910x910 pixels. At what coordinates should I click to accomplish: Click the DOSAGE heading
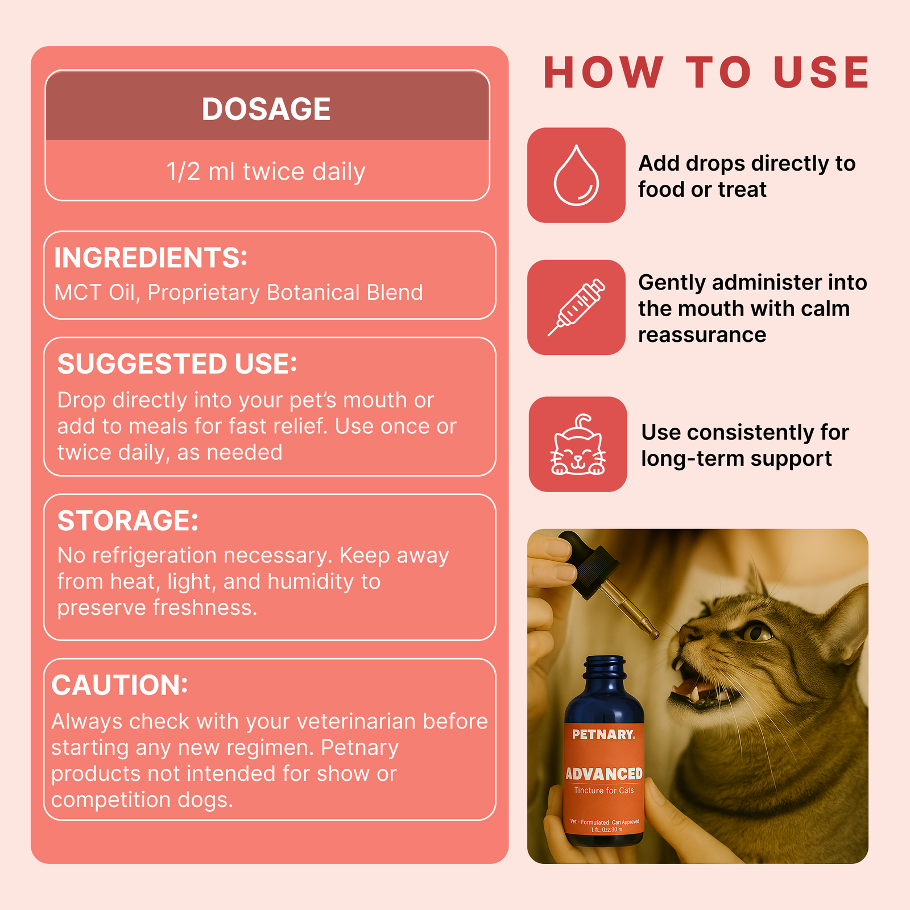point(266,109)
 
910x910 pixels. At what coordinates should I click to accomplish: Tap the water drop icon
point(576,175)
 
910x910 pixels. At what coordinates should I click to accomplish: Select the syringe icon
point(576,308)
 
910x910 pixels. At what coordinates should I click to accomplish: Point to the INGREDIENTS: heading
point(151,258)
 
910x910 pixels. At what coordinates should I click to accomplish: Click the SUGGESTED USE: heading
point(177,364)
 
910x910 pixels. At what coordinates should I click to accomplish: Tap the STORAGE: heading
point(128,520)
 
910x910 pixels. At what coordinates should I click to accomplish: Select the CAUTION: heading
point(119,685)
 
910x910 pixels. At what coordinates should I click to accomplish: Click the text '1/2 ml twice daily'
point(266,172)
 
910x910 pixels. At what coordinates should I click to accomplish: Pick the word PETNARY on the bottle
point(603,734)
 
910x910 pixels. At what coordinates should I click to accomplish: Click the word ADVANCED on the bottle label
point(604,773)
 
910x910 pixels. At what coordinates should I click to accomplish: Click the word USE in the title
point(821,73)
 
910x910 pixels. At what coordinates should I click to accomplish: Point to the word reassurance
point(702,335)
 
